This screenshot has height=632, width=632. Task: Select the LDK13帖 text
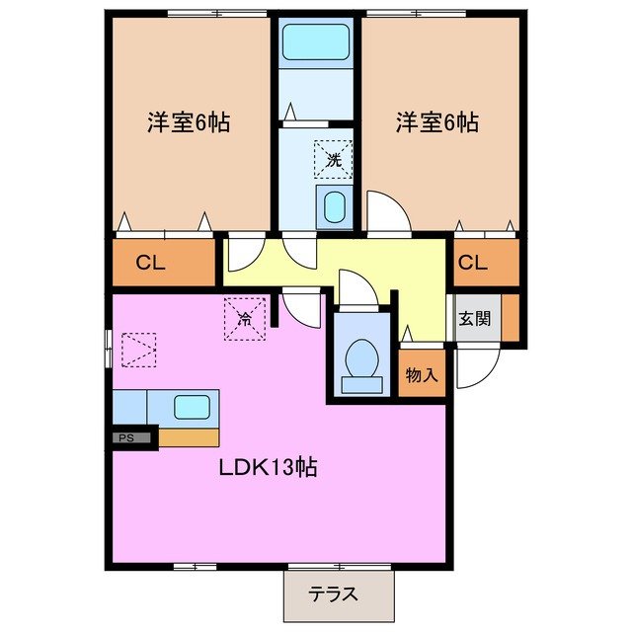click(x=267, y=467)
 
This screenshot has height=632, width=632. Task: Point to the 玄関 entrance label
click(x=472, y=319)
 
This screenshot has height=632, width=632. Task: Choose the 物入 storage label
click(x=423, y=375)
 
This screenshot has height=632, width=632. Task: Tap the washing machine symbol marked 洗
click(x=333, y=158)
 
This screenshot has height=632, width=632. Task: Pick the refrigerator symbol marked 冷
click(x=245, y=318)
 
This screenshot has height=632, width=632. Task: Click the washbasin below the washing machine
click(x=335, y=208)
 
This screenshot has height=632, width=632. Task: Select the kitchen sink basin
click(x=192, y=406)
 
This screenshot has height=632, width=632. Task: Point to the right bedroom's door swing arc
click(x=387, y=210)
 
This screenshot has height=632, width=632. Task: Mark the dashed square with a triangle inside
click(x=138, y=349)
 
